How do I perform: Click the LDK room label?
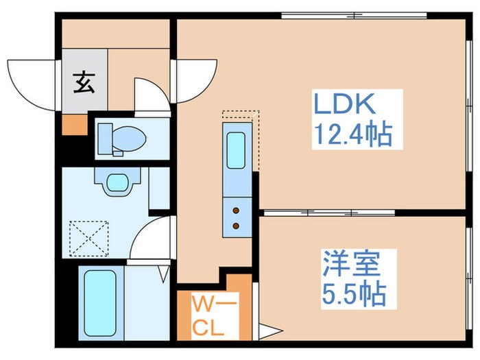pyautogui.click(x=345, y=106)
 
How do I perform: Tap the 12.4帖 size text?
pyautogui.click(x=352, y=135)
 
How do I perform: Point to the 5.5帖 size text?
pyautogui.click(x=352, y=295)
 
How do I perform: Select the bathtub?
pyautogui.click(x=100, y=302)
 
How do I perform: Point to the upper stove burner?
pyautogui.click(x=237, y=210)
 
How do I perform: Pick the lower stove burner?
pyautogui.click(x=237, y=224)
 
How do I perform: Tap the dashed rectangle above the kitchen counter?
pyautogui.click(x=241, y=116)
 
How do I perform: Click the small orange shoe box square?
pyautogui.click(x=72, y=125)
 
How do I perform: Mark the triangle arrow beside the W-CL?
pyautogui.click(x=269, y=333)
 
